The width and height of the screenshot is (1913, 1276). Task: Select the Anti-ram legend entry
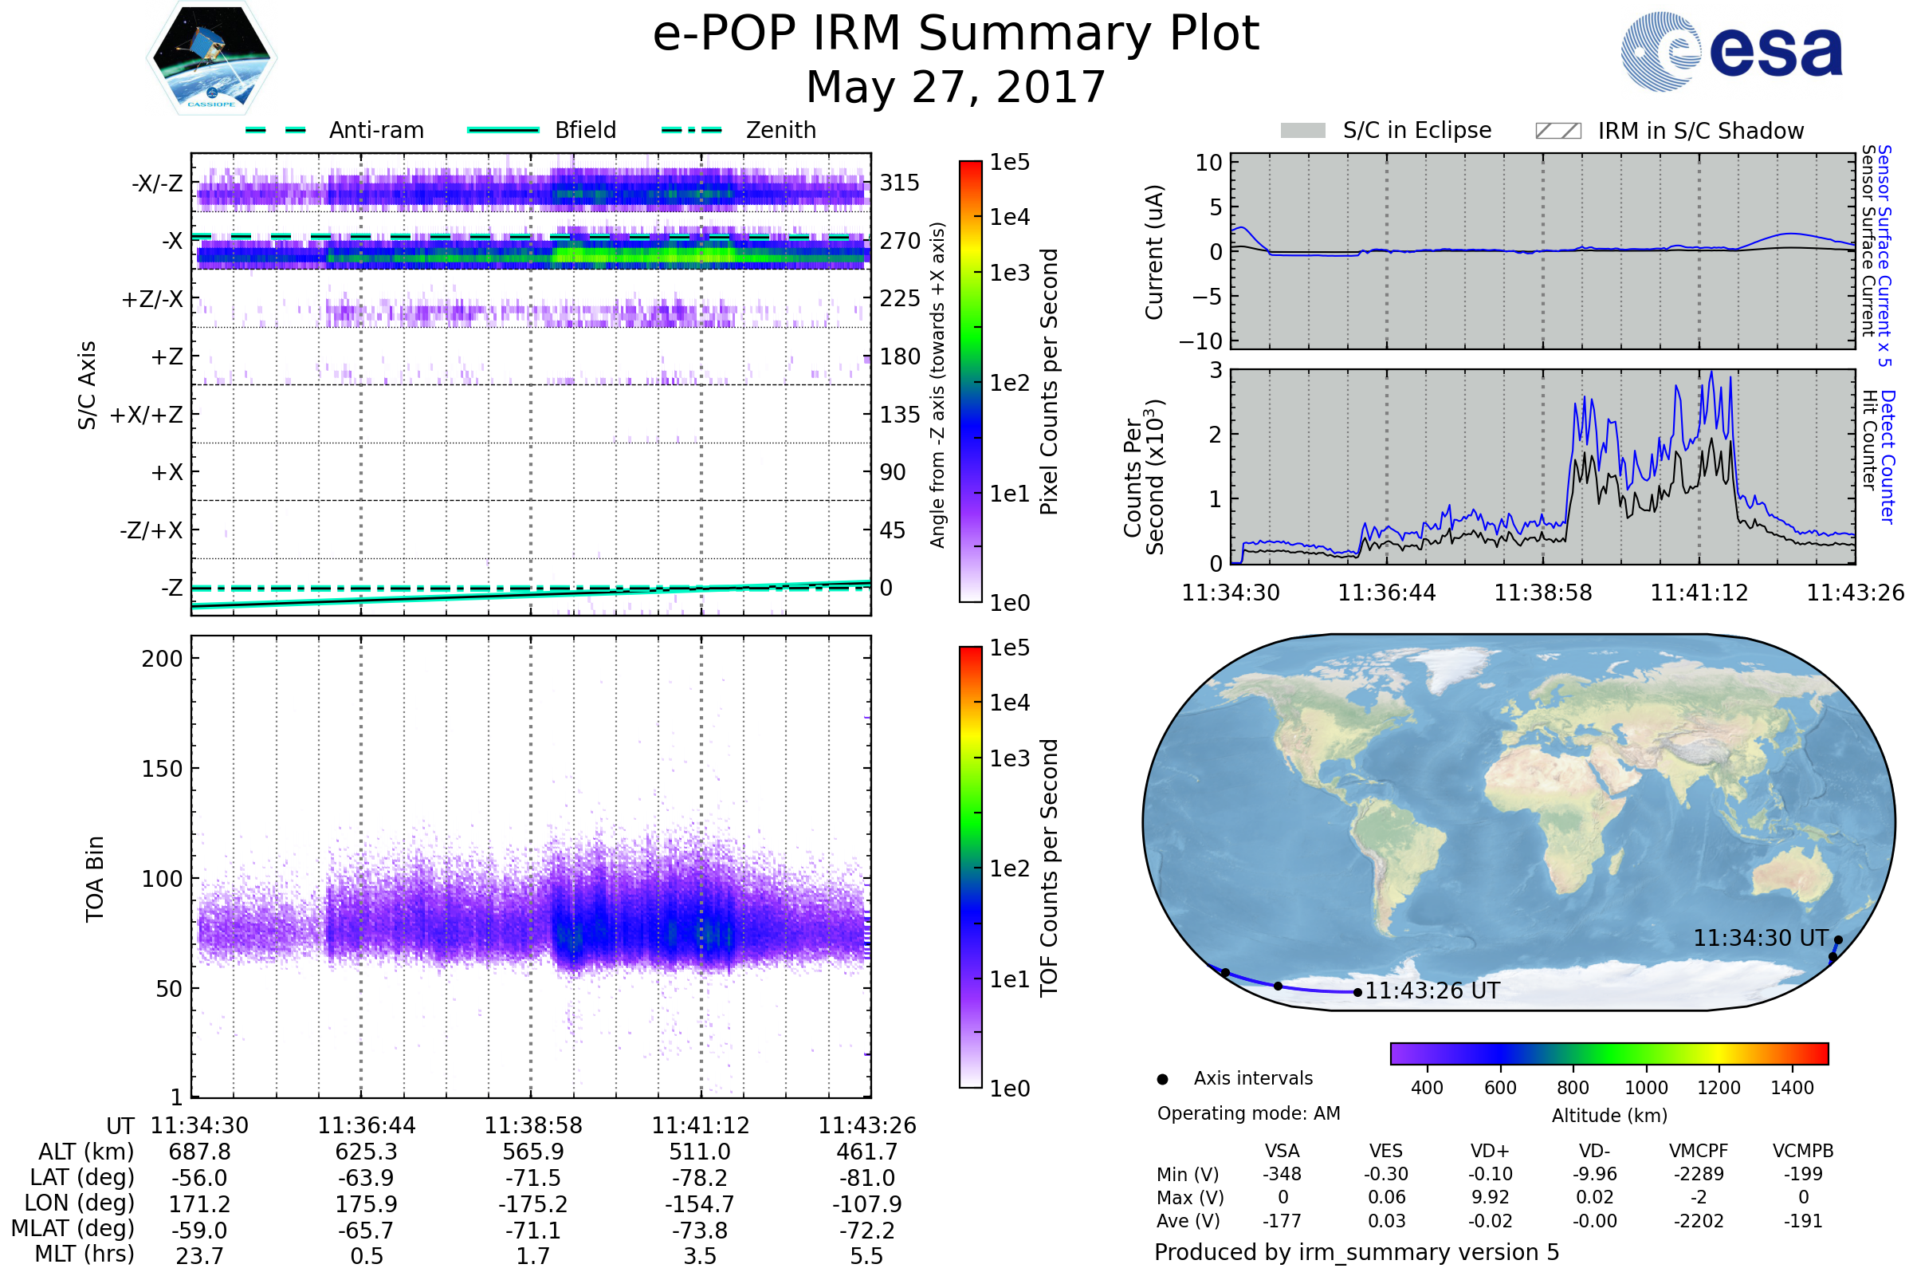[x=375, y=130]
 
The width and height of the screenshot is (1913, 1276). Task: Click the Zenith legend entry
[x=780, y=130]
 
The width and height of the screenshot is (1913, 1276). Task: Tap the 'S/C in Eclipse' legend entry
[x=1416, y=130]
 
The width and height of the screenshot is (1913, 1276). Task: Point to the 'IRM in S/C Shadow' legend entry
[x=1700, y=131]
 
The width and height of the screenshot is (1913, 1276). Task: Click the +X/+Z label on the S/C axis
[x=147, y=415]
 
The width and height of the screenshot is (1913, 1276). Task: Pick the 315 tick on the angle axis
[x=899, y=183]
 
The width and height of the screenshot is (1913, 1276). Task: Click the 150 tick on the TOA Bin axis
[x=162, y=769]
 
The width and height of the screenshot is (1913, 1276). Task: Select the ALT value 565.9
[x=532, y=1152]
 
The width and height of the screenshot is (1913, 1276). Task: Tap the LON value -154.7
[x=700, y=1204]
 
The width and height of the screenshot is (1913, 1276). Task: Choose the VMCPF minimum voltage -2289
[x=1699, y=1174]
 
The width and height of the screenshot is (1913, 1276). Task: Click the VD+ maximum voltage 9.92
[x=1490, y=1197]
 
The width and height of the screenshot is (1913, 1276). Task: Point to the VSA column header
[x=1282, y=1152]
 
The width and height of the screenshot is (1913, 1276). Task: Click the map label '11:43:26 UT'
[x=1432, y=991]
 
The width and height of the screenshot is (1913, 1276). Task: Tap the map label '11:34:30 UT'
[x=1760, y=939]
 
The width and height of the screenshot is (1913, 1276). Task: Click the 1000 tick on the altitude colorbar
[x=1646, y=1088]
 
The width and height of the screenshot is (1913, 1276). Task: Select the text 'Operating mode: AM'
[x=1248, y=1113]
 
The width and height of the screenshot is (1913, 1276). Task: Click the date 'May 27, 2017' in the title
[x=956, y=87]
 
